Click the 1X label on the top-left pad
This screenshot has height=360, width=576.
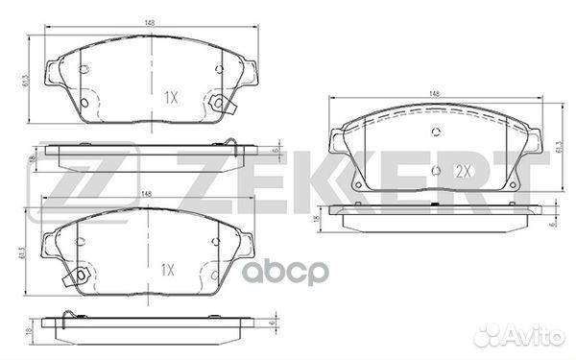tap(173, 97)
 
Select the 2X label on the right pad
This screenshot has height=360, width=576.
tap(464, 171)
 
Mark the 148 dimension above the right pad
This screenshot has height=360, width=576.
tap(435, 93)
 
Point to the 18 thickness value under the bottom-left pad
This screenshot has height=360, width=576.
tap(32, 330)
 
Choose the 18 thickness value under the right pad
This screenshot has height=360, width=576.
tap(317, 220)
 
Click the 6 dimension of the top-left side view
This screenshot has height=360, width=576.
tap(275, 151)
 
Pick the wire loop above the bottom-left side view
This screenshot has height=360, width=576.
tap(65, 319)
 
